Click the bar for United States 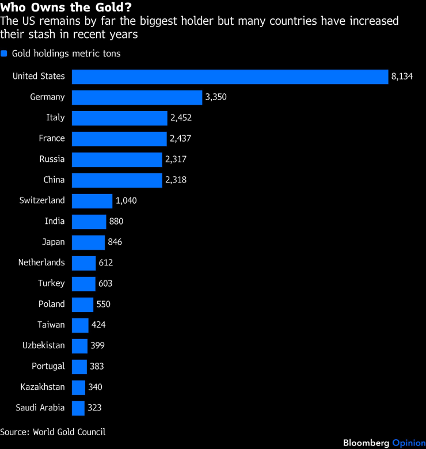click(230, 77)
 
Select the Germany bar click(137, 97)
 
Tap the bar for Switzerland click(92, 201)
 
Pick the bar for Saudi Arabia click(78, 408)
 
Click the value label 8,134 click(402, 77)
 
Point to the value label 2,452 click(180, 118)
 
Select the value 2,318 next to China click(176, 180)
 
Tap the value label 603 click(105, 284)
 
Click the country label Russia click(52, 159)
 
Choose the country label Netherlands click(41, 263)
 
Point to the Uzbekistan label click(44, 346)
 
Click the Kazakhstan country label click(42, 387)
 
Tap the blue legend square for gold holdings click(3, 54)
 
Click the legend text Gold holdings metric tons click(66, 54)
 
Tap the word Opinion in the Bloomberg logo click(408, 443)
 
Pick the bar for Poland click(82, 305)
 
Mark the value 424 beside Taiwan click(98, 325)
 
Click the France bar click(119, 139)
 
